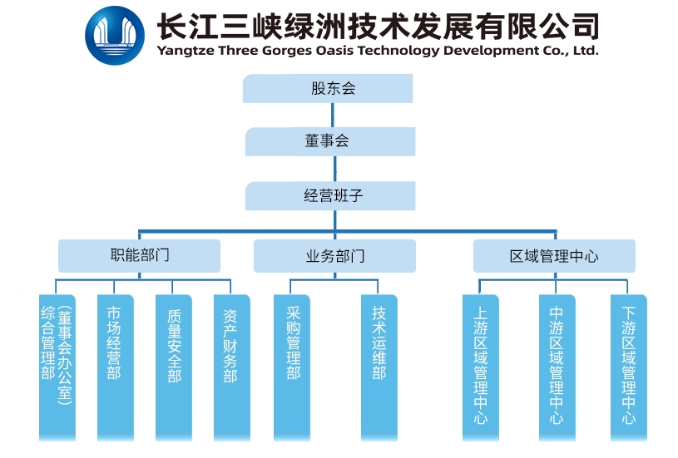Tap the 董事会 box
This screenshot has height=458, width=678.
click(x=329, y=142)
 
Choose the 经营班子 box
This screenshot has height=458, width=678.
click(x=330, y=197)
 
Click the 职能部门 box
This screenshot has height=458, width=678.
click(x=139, y=255)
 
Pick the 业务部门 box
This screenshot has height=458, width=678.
click(x=334, y=256)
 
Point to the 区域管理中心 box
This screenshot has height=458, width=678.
click(x=554, y=256)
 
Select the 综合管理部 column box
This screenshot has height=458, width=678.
click(x=57, y=366)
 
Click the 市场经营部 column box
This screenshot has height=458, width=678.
click(x=115, y=366)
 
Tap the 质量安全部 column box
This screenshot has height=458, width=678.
click(x=173, y=366)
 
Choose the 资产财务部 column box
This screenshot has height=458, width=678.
click(x=231, y=366)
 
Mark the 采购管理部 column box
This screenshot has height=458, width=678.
click(x=293, y=366)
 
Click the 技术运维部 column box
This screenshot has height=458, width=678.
click(x=379, y=366)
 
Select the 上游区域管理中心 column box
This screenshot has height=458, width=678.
click(x=481, y=366)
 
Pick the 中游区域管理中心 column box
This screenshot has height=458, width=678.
click(x=557, y=366)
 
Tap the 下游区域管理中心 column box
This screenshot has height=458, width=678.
click(x=628, y=366)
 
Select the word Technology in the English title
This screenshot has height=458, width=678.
click(x=403, y=51)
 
